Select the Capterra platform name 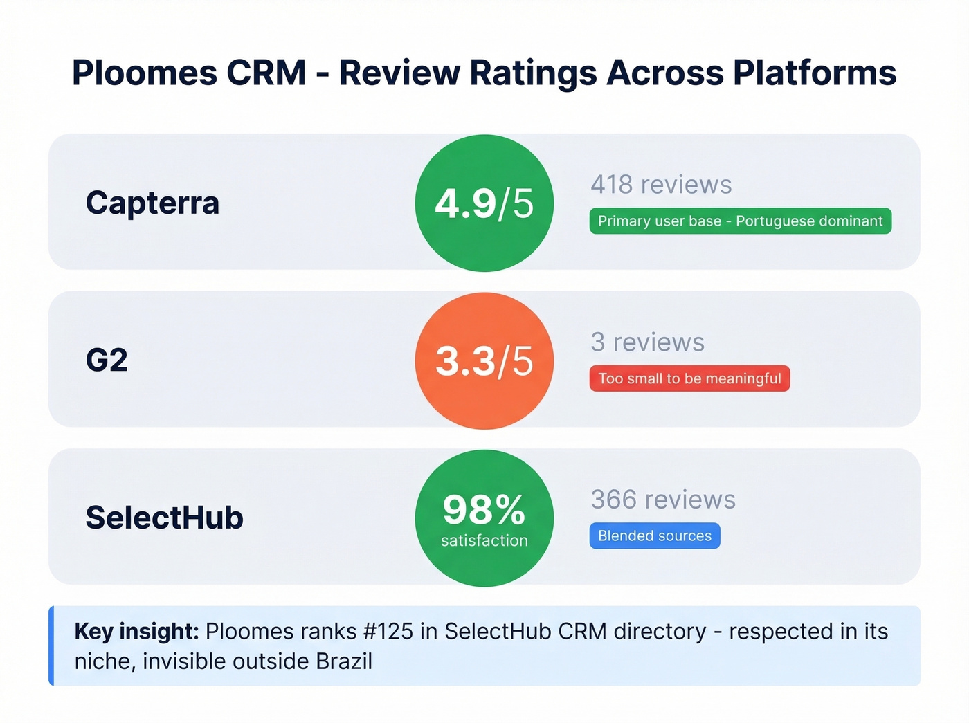pyautogui.click(x=152, y=203)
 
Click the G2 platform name pyautogui.click(x=107, y=360)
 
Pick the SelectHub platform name pyautogui.click(x=164, y=518)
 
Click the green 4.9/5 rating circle pyautogui.click(x=484, y=203)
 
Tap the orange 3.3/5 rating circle pyautogui.click(x=484, y=360)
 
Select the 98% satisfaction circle pyautogui.click(x=484, y=518)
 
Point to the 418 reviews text pyautogui.click(x=661, y=185)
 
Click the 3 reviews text pyautogui.click(x=647, y=342)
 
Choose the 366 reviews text pyautogui.click(x=663, y=500)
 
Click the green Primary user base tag pyautogui.click(x=740, y=221)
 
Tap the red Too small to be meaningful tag pyautogui.click(x=689, y=378)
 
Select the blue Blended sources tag pyautogui.click(x=655, y=536)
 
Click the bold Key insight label pyautogui.click(x=136, y=631)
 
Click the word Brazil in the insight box pyautogui.click(x=344, y=661)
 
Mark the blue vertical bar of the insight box pyautogui.click(x=51, y=646)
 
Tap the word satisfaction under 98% pyautogui.click(x=484, y=540)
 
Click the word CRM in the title pyautogui.click(x=266, y=73)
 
